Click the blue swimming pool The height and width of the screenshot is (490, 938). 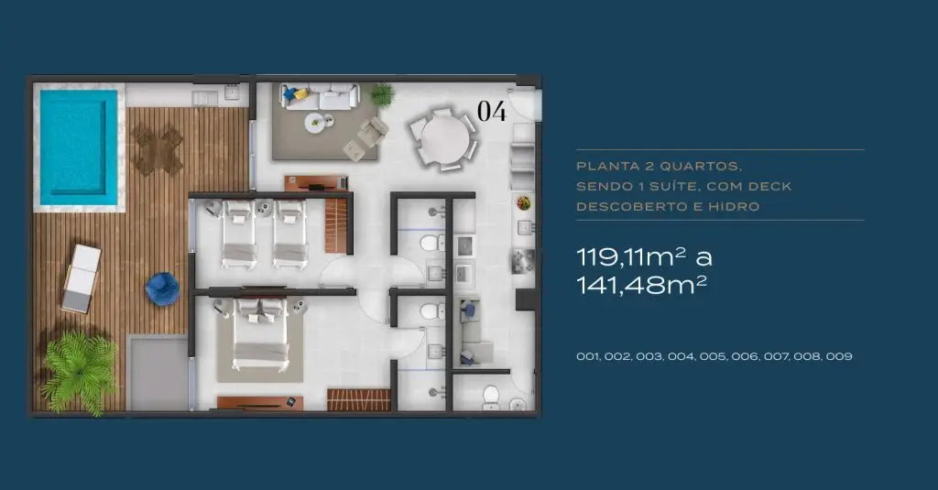tap(79, 147)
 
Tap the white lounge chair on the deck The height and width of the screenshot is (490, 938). tap(82, 278)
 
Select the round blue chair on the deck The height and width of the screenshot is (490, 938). tap(162, 289)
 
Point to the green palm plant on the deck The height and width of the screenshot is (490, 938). tap(79, 372)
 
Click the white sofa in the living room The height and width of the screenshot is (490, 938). tap(320, 96)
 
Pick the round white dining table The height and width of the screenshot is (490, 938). tap(444, 139)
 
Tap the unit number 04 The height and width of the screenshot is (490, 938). tap(492, 112)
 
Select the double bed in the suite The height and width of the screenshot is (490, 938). tap(260, 336)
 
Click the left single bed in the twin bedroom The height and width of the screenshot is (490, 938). tap(239, 234)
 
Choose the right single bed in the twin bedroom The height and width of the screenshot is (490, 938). tap(290, 234)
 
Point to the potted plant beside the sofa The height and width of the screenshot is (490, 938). tap(382, 94)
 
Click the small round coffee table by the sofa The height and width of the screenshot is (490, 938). tap(316, 124)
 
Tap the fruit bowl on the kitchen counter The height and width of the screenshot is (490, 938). tap(524, 202)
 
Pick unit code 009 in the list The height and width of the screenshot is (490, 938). tap(839, 356)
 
